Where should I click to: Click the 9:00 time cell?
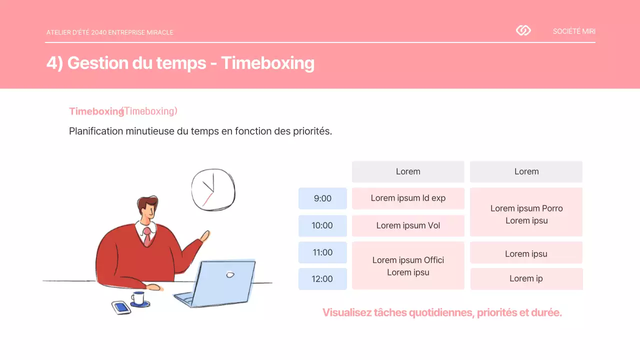pos(322,198)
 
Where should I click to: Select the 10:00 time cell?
pos(322,225)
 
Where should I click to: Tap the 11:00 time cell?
pos(322,252)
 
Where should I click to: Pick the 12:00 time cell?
pos(322,279)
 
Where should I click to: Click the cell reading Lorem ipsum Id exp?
pos(408,198)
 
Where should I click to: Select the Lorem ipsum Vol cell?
pos(408,225)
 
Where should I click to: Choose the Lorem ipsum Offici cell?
pos(408,265)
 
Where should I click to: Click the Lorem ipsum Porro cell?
pos(526,212)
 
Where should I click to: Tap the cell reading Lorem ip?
pos(526,279)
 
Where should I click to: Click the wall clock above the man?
pos(213,189)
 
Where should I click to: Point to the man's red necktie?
pos(147,236)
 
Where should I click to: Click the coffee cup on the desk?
pos(138,298)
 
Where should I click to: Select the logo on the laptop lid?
pos(230,274)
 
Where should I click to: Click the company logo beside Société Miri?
pos(523,31)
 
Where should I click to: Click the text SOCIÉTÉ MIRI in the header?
pos(574,31)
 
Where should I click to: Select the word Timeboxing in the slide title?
pos(267,63)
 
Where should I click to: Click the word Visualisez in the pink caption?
pos(346,313)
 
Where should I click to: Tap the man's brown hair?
pos(146,203)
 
